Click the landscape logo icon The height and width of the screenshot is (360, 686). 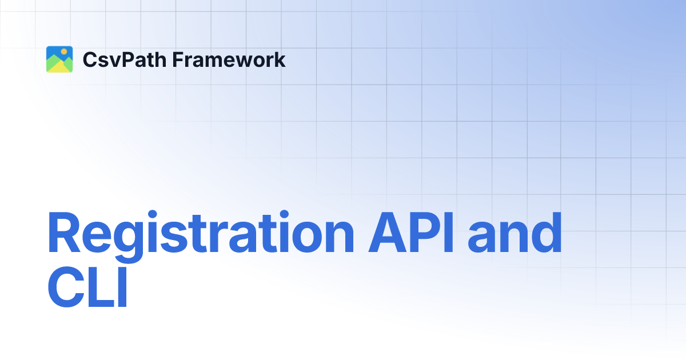59,59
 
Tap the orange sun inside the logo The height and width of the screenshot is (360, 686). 64,52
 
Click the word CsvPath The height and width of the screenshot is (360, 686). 117,60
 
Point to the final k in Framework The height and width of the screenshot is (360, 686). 280,59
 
